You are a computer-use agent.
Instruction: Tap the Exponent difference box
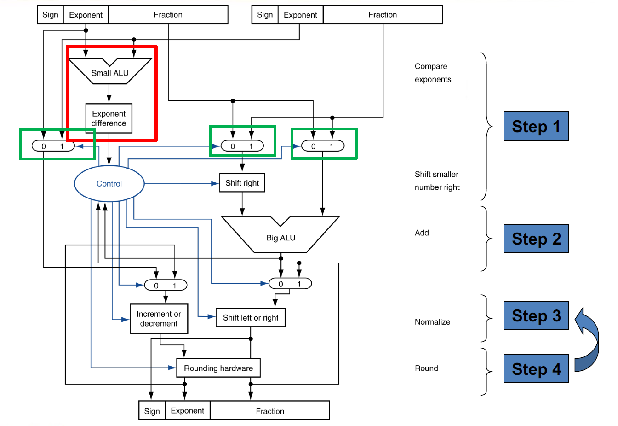pyautogui.click(x=109, y=118)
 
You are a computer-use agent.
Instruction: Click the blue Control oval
pyautogui.click(x=109, y=183)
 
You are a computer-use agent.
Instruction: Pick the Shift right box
pyautogui.click(x=242, y=183)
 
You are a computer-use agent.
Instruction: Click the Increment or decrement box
pyautogui.click(x=159, y=319)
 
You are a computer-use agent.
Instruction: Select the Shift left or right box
pyautogui.click(x=251, y=317)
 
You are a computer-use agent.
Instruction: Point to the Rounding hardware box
pyautogui.click(x=218, y=368)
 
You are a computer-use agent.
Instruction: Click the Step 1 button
pyautogui.click(x=536, y=126)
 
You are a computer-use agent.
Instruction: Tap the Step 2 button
pyautogui.click(x=536, y=239)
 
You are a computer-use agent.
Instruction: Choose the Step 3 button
pyautogui.click(x=536, y=315)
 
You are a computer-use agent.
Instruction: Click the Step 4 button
pyautogui.click(x=536, y=368)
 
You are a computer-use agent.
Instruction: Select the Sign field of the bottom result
pyautogui.click(x=152, y=411)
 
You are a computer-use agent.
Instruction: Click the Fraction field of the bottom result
pyautogui.click(x=270, y=411)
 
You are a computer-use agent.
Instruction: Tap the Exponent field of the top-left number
pyautogui.click(x=86, y=15)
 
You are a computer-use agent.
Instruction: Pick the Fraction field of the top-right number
pyautogui.click(x=383, y=15)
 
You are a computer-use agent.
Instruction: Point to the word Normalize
pyautogui.click(x=432, y=322)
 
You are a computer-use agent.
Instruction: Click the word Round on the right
pyautogui.click(x=426, y=368)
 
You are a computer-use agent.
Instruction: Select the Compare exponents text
pyautogui.click(x=433, y=73)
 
